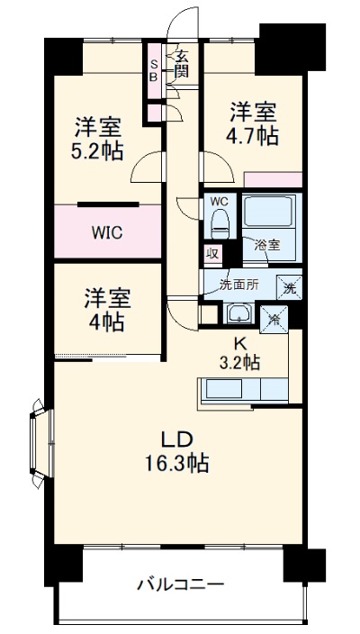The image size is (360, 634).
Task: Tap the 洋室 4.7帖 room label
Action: [253, 124]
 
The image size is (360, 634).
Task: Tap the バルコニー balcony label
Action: [180, 584]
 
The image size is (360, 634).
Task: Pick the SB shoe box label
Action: [154, 70]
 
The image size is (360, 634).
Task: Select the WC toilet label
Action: [220, 202]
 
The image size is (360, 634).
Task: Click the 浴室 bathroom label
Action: [267, 244]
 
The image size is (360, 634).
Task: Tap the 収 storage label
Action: [212, 256]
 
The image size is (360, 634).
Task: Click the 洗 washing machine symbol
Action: [289, 288]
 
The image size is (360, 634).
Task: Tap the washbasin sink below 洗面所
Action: [239, 313]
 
